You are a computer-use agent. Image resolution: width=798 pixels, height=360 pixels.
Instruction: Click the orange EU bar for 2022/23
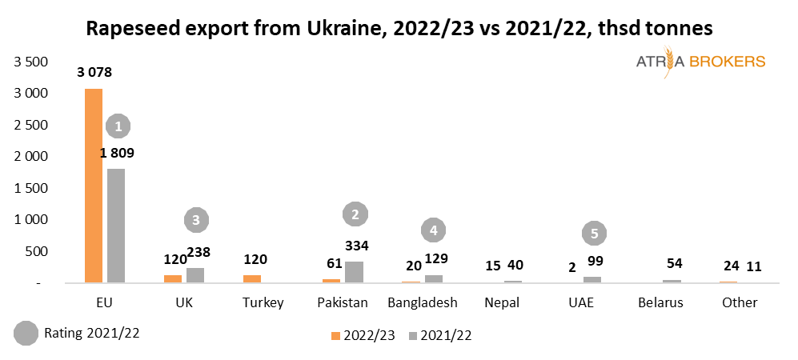point(94,186)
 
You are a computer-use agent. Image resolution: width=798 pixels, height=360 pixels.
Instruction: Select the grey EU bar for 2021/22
point(116,226)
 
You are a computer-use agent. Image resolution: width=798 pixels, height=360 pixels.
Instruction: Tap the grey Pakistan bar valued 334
point(354,272)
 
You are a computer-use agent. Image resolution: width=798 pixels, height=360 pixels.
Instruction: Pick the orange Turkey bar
point(253,278)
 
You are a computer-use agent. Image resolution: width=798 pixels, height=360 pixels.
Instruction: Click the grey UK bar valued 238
point(195,274)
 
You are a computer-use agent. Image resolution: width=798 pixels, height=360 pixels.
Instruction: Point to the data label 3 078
point(94,73)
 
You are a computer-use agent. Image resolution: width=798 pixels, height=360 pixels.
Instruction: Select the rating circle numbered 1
point(118,126)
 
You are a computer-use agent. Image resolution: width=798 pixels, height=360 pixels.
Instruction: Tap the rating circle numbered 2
point(355,214)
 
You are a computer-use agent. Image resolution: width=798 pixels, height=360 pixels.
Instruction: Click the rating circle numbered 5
point(594,234)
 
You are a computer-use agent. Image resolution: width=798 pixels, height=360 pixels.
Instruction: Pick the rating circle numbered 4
point(433,230)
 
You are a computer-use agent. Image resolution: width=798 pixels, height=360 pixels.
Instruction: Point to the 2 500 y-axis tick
point(31,125)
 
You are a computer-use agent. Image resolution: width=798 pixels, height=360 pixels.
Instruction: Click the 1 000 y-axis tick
point(31,219)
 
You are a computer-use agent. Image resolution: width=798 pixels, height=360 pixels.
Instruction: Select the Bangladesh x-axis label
point(422,302)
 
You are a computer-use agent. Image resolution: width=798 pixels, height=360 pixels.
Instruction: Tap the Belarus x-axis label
point(661,302)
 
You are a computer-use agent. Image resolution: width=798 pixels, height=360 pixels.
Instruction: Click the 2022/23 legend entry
point(363,335)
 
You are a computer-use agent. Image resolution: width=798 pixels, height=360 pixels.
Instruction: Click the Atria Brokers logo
point(700,62)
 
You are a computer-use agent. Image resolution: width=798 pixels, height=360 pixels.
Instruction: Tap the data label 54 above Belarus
point(673,263)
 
